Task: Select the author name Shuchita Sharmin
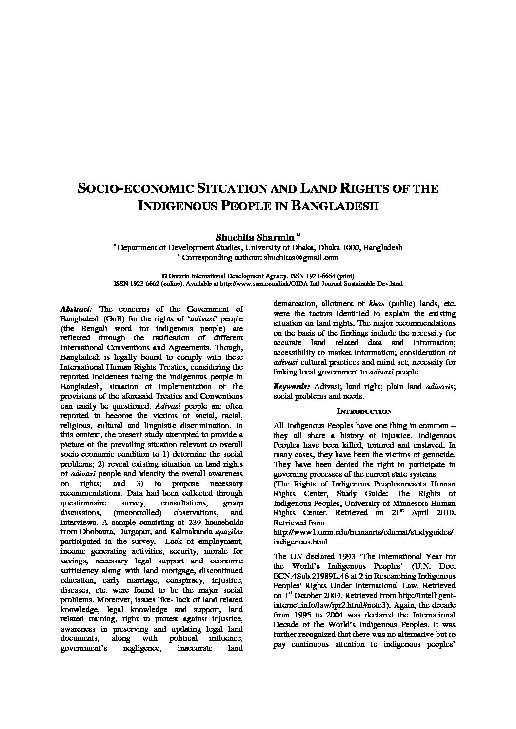coord(255,237)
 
